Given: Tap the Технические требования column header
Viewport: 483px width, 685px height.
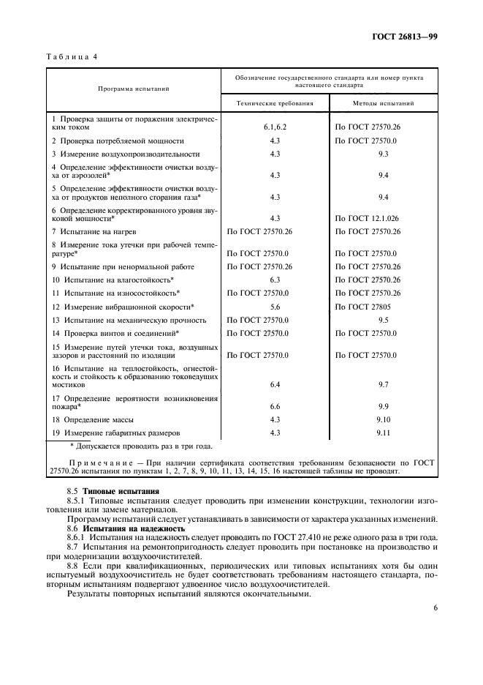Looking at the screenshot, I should (275, 103).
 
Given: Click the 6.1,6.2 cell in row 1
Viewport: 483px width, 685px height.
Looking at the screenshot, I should (275, 127).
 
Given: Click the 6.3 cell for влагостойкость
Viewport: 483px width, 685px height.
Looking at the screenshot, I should (275, 280).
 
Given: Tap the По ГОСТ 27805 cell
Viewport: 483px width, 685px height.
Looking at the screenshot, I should (362, 307).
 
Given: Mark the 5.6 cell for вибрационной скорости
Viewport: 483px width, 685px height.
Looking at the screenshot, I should (275, 307).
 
